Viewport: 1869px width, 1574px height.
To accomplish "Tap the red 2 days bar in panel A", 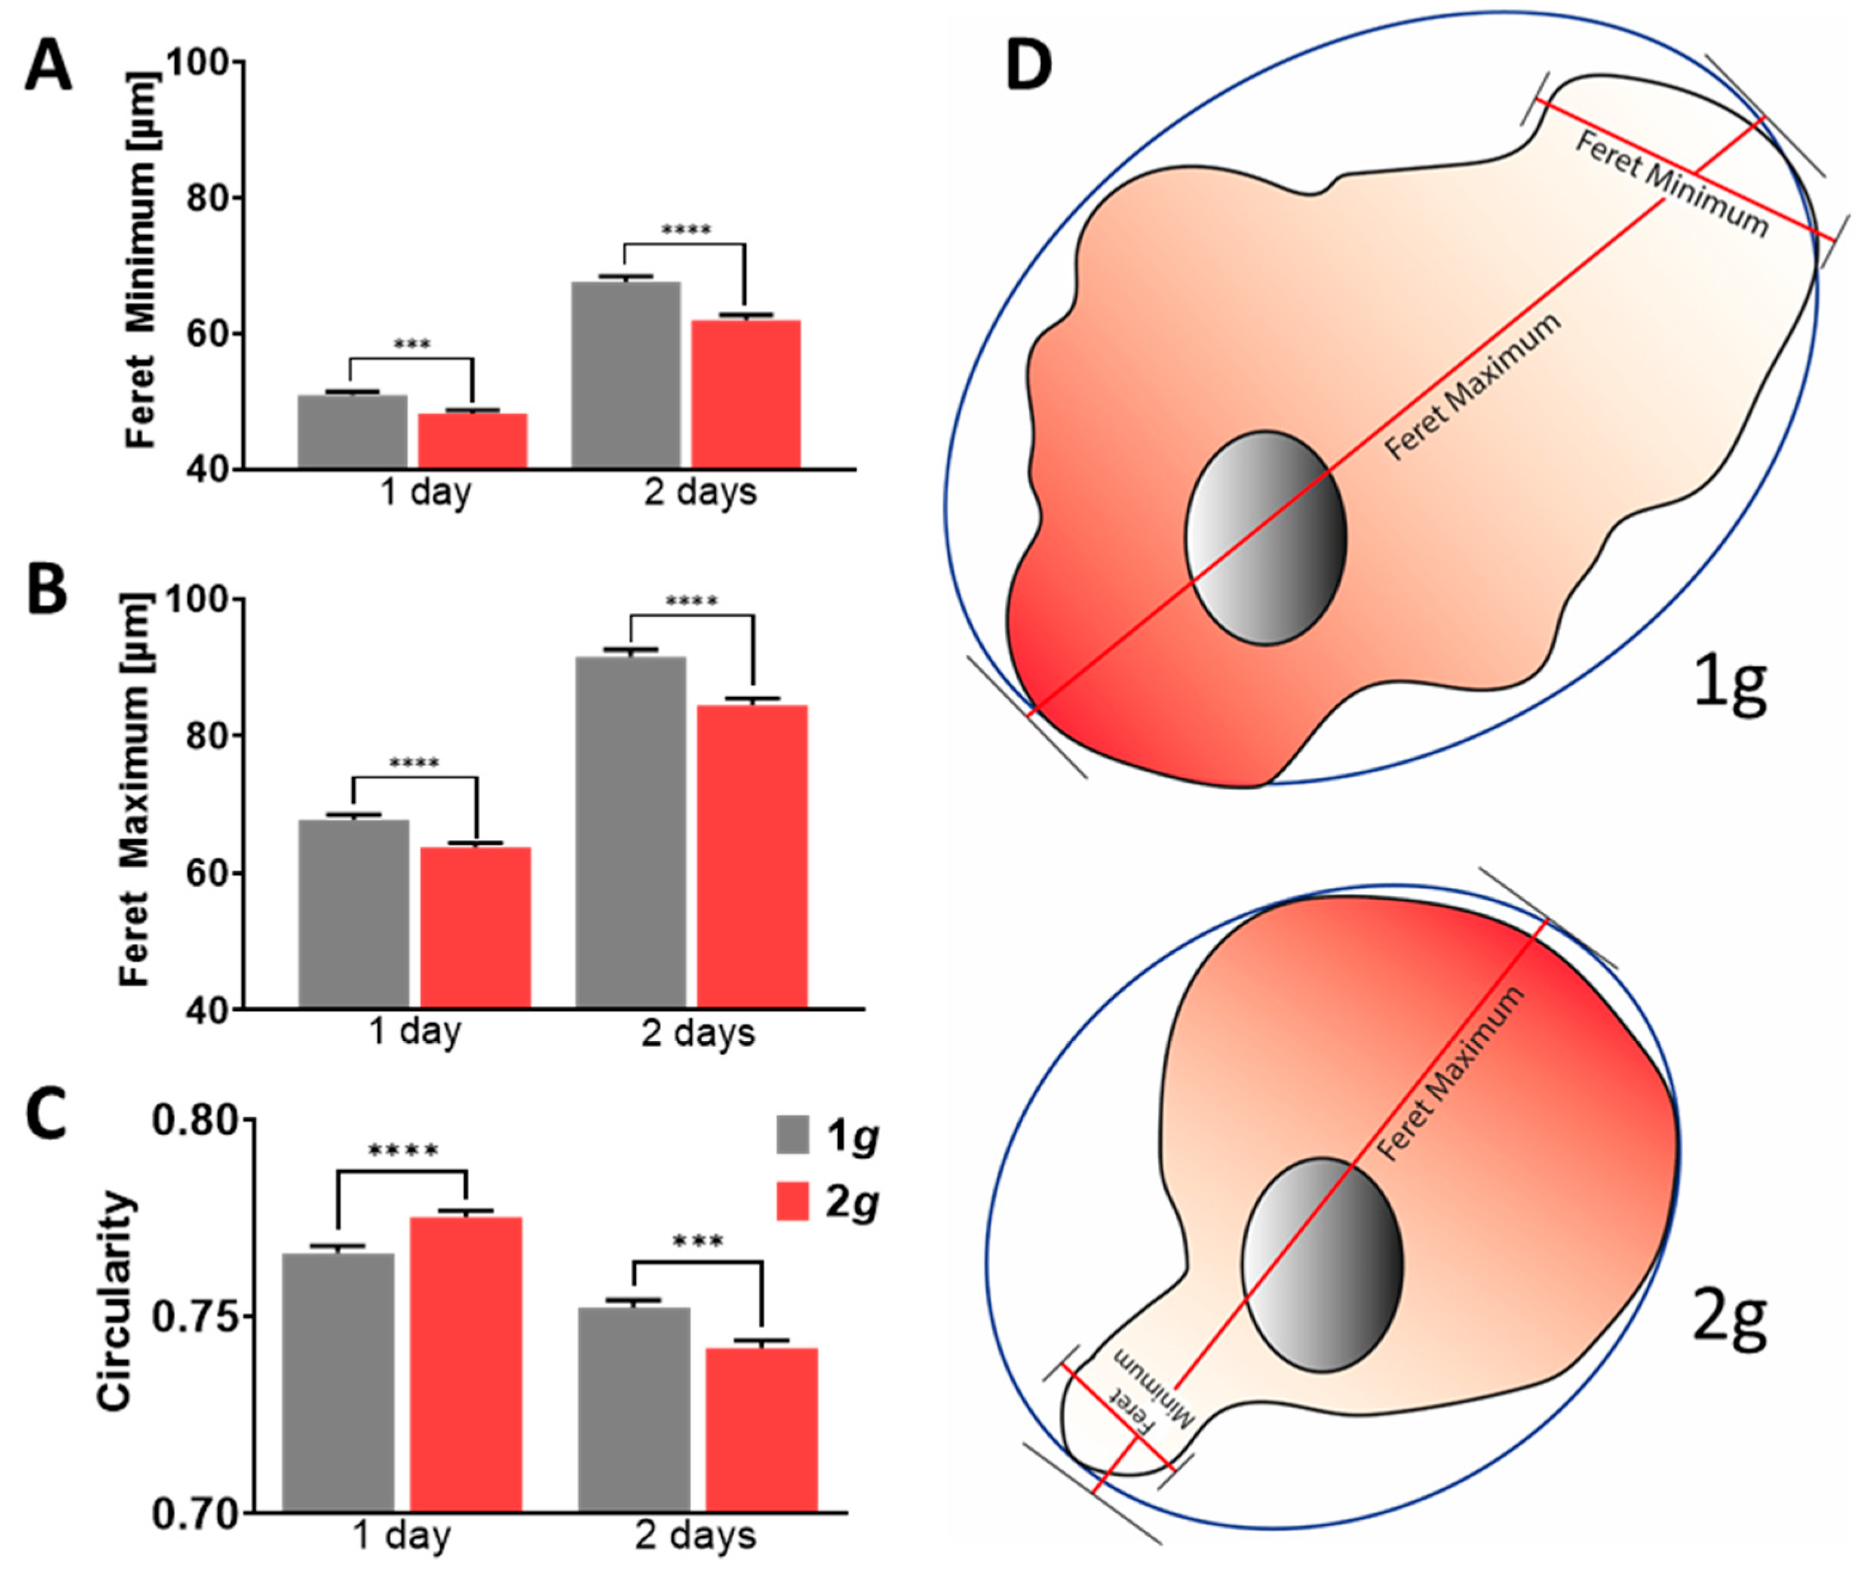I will (x=745, y=393).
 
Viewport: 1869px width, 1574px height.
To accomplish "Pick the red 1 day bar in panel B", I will (x=475, y=927).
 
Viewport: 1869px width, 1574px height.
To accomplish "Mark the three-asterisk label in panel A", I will (x=412, y=345).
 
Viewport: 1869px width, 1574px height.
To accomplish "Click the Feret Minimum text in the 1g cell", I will (x=1670, y=185).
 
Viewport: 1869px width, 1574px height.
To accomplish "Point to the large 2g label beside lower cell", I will (x=1729, y=1320).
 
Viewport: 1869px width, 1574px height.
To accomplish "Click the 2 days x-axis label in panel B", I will (x=698, y=1033).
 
